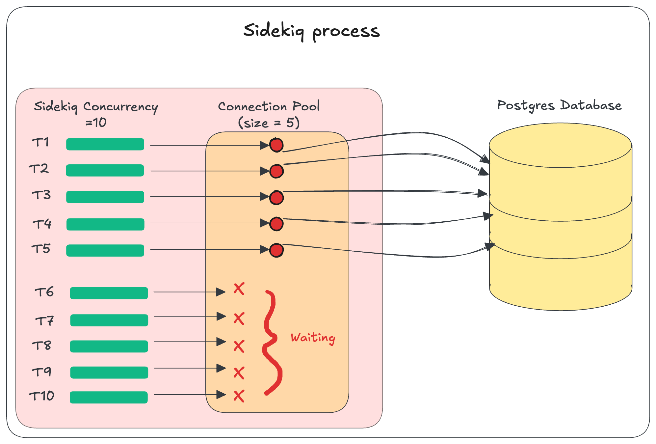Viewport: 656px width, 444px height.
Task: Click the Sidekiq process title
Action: click(x=311, y=31)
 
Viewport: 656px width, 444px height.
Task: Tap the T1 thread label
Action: click(x=41, y=142)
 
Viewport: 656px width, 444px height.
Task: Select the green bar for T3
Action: click(x=105, y=197)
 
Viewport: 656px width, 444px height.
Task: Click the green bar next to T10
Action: click(x=109, y=397)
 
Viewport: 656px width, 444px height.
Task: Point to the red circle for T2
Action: click(x=276, y=171)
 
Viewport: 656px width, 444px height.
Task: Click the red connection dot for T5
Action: click(x=276, y=250)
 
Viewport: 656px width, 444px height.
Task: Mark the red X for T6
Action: click(x=239, y=289)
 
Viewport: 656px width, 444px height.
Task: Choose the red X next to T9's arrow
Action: click(x=239, y=373)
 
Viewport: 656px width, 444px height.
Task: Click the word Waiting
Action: click(x=313, y=338)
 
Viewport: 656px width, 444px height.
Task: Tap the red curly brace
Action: click(x=272, y=343)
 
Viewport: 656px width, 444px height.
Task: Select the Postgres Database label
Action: click(x=559, y=105)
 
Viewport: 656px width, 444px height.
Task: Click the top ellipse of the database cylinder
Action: click(x=560, y=145)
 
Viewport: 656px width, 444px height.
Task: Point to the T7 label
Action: click(x=44, y=320)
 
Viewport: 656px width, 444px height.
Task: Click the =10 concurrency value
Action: click(x=96, y=123)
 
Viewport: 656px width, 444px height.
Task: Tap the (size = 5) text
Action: click(x=269, y=123)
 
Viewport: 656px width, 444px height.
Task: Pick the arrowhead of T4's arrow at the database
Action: click(x=488, y=216)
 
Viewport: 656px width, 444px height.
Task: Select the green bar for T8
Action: click(x=109, y=347)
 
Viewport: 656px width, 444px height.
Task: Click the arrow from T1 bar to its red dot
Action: click(x=204, y=145)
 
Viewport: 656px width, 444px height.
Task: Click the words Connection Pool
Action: click(x=269, y=106)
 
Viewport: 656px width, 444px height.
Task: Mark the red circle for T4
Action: click(x=276, y=224)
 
